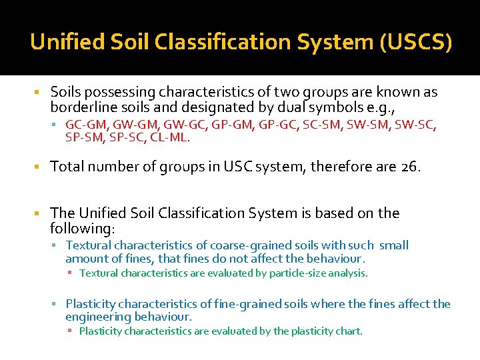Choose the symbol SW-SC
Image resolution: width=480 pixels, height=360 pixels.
[x=420, y=125]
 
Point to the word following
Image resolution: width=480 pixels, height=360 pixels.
[x=81, y=228]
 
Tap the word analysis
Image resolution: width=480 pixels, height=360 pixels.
[x=347, y=273]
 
